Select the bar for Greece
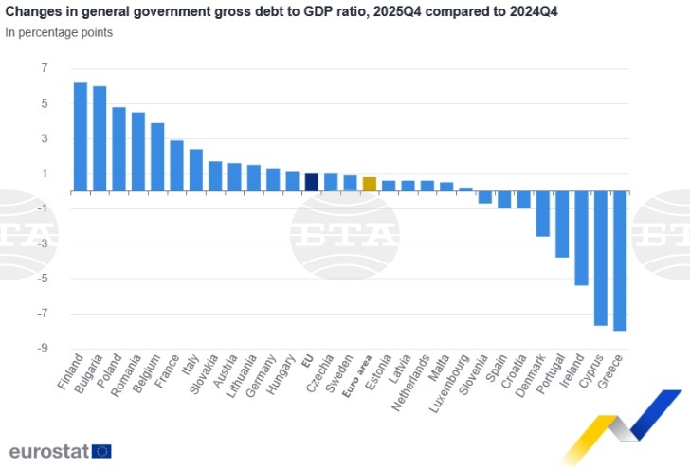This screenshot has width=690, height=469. [x=620, y=261]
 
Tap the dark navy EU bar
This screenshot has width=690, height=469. [x=312, y=182]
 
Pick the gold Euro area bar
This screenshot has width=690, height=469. [x=370, y=184]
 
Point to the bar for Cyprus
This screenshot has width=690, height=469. [x=601, y=258]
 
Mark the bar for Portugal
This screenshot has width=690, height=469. [x=562, y=224]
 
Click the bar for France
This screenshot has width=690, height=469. [x=176, y=166]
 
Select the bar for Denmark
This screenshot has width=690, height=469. [x=543, y=213]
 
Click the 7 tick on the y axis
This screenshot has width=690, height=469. [x=44, y=69]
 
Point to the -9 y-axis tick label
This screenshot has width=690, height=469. [x=41, y=349]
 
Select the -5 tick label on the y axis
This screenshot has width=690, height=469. [x=41, y=279]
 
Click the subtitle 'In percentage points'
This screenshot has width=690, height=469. [x=59, y=32]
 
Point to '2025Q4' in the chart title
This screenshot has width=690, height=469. [x=404, y=11]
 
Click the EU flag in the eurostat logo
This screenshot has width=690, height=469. [x=101, y=451]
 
